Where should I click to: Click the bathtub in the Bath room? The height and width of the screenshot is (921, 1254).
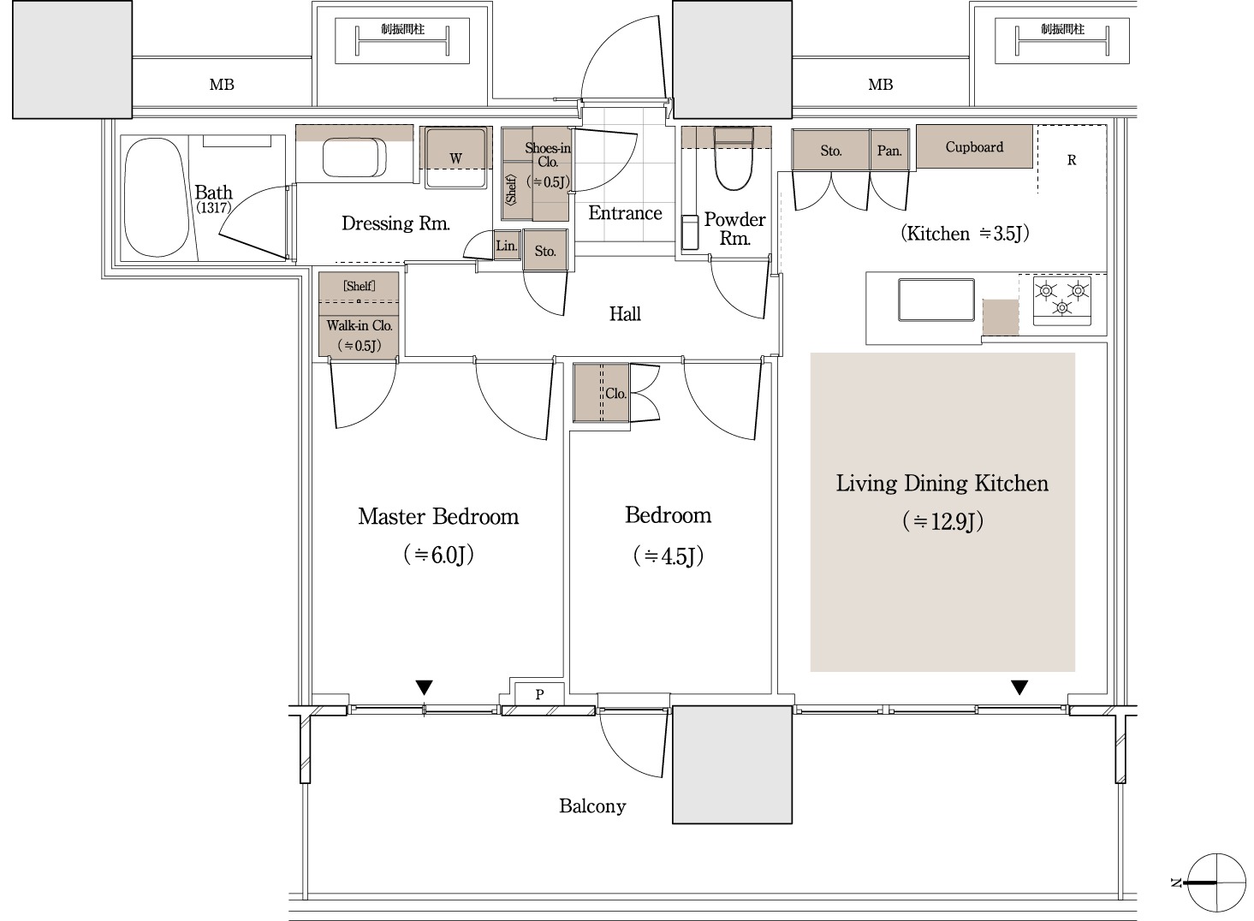[x=156, y=199]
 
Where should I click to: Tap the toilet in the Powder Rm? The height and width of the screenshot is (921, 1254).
[x=734, y=158]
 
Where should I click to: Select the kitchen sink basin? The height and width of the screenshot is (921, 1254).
[x=936, y=300]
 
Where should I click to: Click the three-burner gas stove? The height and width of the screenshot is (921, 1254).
[x=1062, y=300]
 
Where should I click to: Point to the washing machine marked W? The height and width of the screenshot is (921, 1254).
[x=455, y=158]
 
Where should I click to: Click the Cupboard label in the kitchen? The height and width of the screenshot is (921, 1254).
[x=974, y=146]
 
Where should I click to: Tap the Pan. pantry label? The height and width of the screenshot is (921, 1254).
[x=889, y=151]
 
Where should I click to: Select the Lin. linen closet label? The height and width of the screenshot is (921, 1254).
[x=507, y=245]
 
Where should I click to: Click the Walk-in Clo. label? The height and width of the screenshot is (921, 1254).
[x=360, y=325]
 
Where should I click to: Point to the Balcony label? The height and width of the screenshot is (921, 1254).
[x=592, y=806]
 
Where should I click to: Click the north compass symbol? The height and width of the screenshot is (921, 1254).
[x=1215, y=882]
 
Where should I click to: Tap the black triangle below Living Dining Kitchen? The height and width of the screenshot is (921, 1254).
[x=1019, y=687]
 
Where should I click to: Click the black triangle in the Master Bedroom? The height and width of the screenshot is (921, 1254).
[x=425, y=687]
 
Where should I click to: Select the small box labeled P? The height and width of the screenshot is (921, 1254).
[x=539, y=694]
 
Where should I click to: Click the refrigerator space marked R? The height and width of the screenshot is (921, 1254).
[x=1072, y=160]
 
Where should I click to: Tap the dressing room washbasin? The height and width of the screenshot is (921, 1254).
[x=354, y=157]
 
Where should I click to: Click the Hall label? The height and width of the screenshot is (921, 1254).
[x=625, y=314]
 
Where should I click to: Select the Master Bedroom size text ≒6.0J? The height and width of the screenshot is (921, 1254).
[x=438, y=555]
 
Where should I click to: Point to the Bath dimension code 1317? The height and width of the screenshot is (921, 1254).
[x=213, y=208]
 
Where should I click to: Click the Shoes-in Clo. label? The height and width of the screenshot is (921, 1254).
[x=548, y=155]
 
